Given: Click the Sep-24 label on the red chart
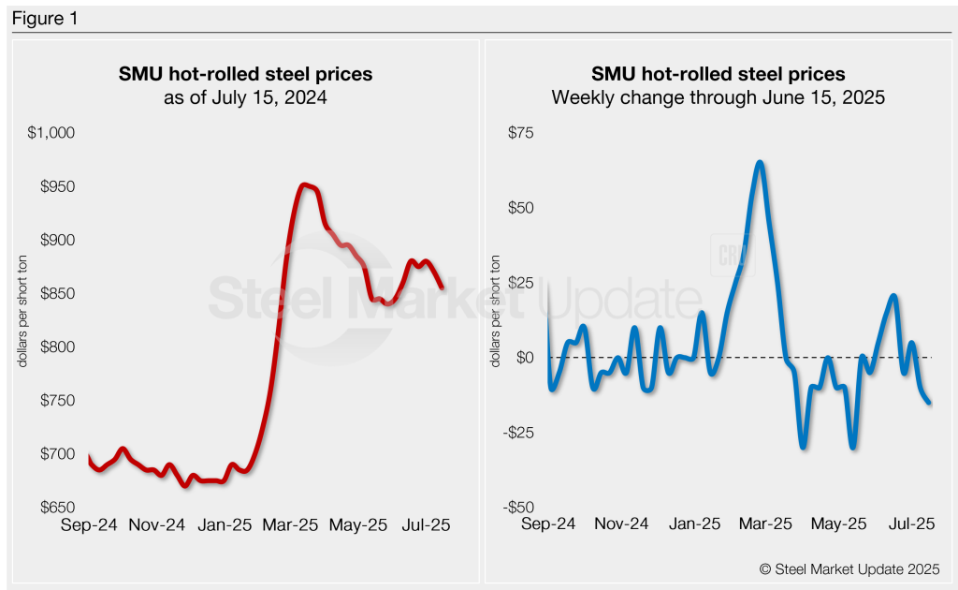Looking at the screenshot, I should point(89,525).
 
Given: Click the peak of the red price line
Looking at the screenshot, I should point(303,185).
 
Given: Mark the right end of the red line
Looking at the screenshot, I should point(442,288).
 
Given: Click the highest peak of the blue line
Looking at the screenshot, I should point(760,163).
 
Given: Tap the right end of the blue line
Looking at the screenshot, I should point(929,403).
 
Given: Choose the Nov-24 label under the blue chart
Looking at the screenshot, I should point(620,525).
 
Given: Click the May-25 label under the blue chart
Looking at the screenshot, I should point(839,525).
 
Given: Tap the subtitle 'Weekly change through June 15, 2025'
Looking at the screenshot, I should point(718,97).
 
